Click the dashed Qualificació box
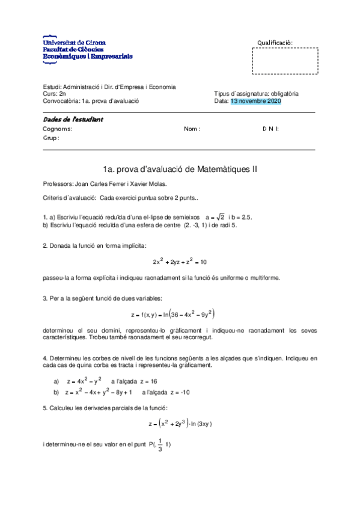point(285,61)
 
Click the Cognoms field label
point(58,129)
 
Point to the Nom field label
point(192,129)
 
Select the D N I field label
point(270,129)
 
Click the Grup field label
point(51,138)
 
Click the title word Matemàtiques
point(224,170)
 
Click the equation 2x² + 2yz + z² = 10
point(180,262)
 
